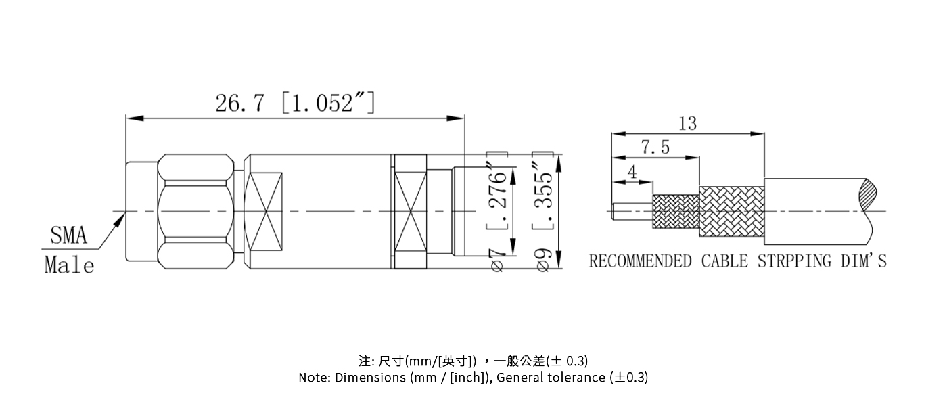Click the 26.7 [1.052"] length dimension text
point(295,104)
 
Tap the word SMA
point(69,236)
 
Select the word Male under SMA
point(69,265)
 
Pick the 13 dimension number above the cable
point(687,124)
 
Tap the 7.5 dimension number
point(655,148)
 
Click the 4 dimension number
point(632,172)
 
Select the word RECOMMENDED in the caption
point(641,261)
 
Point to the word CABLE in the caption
point(724,261)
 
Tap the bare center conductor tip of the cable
point(630,212)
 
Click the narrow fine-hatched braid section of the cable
point(675,212)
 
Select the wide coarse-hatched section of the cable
point(731,212)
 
